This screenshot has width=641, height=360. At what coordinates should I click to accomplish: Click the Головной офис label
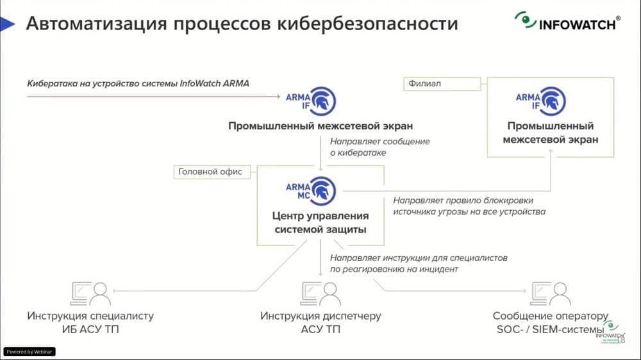(x=212, y=171)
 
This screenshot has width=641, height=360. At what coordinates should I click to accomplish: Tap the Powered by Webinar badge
(x=30, y=352)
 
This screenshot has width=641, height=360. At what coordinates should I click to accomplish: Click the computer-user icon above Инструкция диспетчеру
(x=320, y=293)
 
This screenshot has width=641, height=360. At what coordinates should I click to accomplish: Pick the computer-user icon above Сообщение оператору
(x=550, y=293)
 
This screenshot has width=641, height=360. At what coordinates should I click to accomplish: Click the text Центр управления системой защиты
(x=320, y=222)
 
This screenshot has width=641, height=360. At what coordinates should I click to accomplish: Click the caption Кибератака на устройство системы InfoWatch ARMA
(x=138, y=83)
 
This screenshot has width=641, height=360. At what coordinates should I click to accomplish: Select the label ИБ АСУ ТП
(x=90, y=330)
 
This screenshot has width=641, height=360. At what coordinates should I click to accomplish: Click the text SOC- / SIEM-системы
(x=549, y=330)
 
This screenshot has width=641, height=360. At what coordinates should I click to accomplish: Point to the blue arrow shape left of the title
(x=8, y=24)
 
